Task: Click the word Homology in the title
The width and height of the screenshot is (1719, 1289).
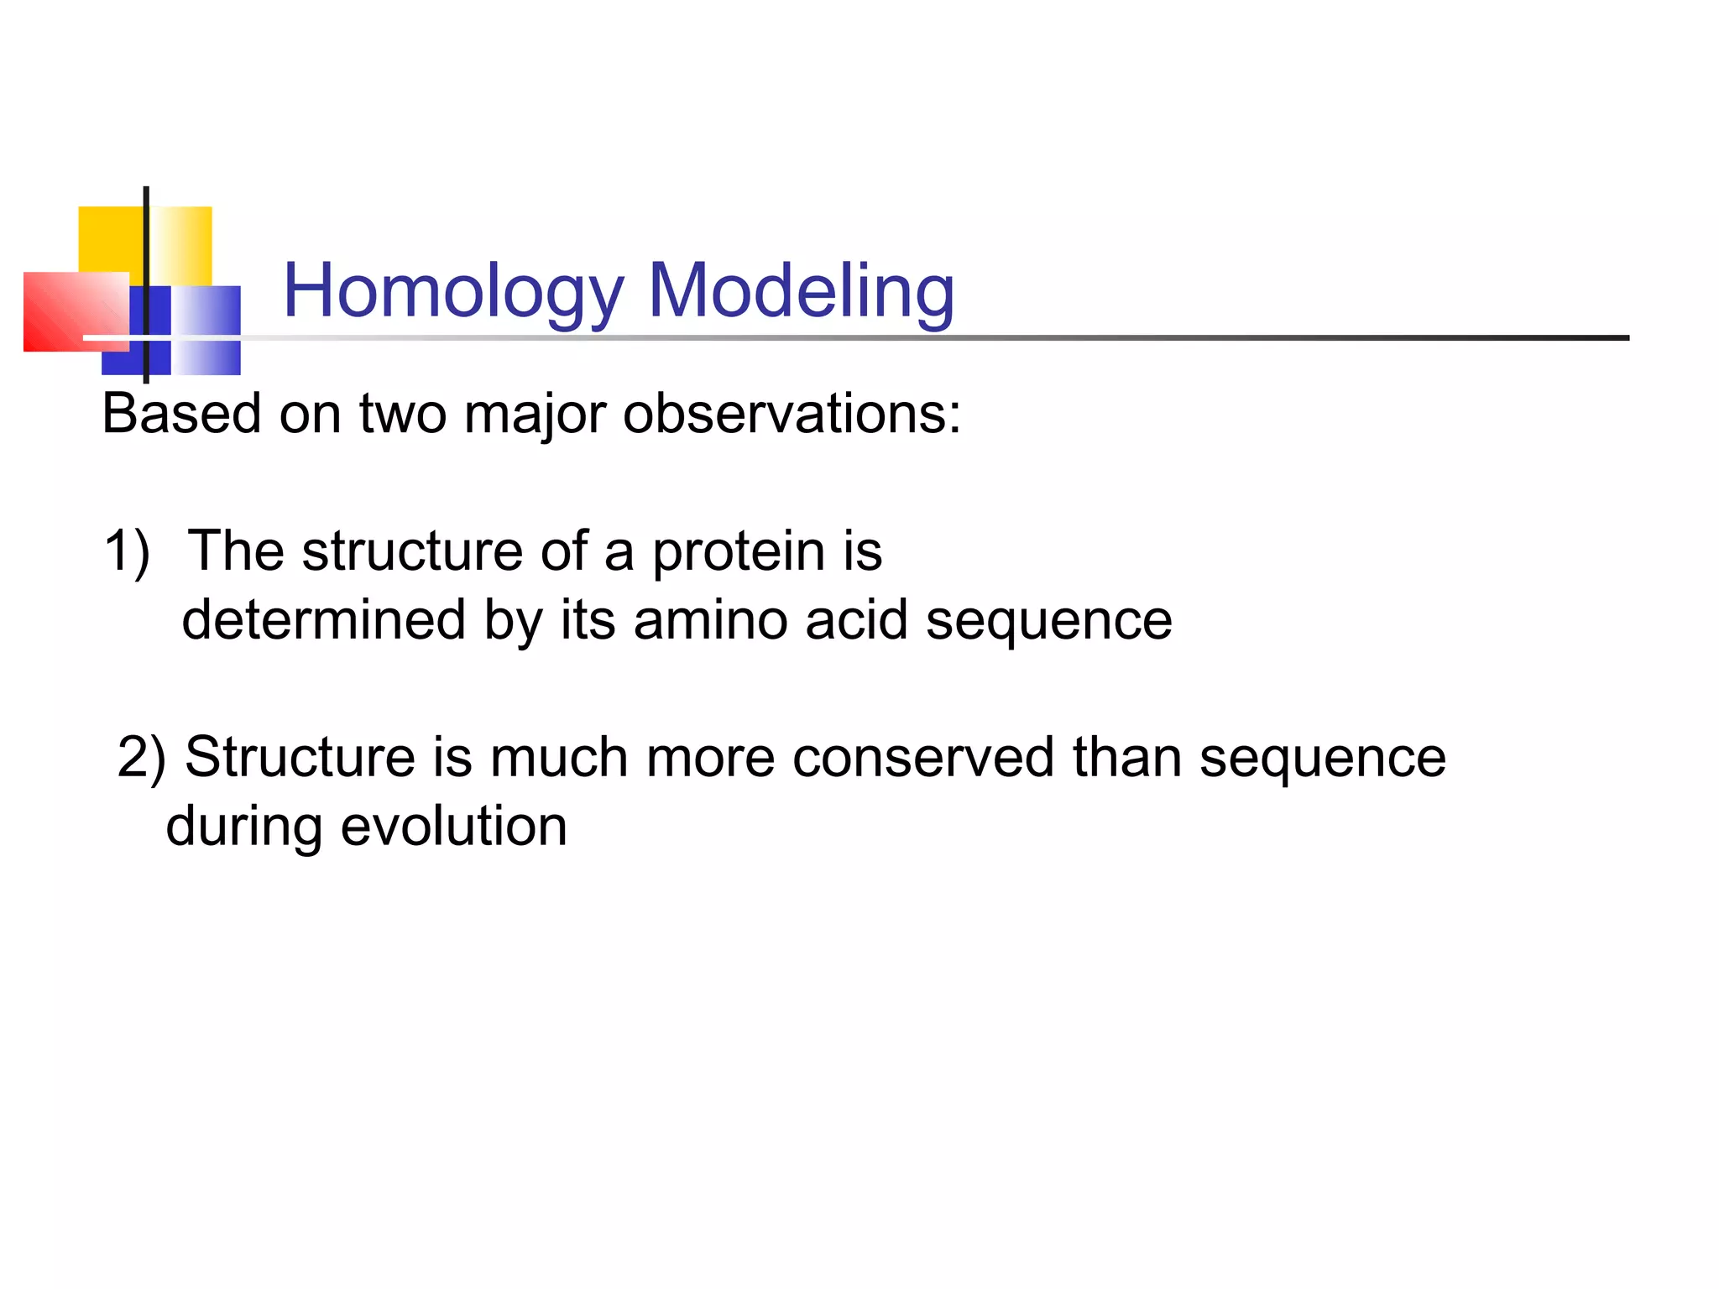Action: coord(453,291)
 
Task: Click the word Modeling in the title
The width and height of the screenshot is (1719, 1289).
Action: coord(802,291)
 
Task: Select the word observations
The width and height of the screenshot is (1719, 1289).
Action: coord(792,414)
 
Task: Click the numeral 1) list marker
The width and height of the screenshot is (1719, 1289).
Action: coord(127,551)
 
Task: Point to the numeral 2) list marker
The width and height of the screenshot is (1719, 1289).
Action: coord(141,757)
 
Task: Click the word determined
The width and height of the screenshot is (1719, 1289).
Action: coord(323,620)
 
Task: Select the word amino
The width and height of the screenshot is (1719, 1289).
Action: coord(710,620)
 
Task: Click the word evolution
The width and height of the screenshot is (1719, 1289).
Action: coord(454,826)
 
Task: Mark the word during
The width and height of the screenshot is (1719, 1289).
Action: coord(244,827)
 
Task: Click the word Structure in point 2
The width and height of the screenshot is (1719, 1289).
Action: coord(300,757)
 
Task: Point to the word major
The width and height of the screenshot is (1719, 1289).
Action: coord(534,415)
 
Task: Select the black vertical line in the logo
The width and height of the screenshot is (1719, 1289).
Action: coord(147,252)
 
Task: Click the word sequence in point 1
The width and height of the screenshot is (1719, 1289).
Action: coord(1048,622)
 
